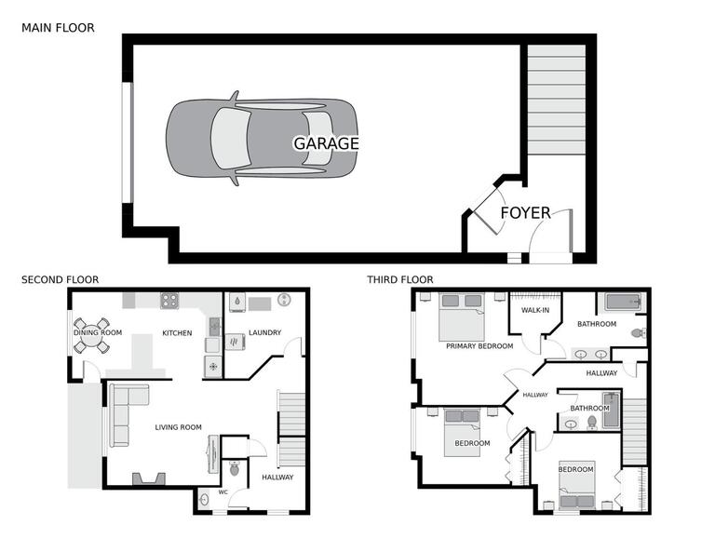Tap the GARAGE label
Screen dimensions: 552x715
point(326,143)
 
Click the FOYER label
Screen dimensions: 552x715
point(525,212)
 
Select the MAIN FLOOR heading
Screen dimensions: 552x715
point(58,28)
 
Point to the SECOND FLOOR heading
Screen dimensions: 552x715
point(60,279)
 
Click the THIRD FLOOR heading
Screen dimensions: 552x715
point(399,279)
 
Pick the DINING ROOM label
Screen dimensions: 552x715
point(98,332)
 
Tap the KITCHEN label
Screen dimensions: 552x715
point(177,332)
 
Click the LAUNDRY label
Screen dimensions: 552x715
point(264,332)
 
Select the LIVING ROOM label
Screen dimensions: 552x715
point(178,427)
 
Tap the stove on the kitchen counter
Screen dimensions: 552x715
point(169,300)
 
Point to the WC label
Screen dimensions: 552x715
point(223,491)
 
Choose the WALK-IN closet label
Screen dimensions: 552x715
point(534,310)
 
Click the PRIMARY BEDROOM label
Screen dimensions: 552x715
point(479,345)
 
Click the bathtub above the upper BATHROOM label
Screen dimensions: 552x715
point(625,303)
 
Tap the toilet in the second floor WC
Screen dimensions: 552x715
point(234,470)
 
